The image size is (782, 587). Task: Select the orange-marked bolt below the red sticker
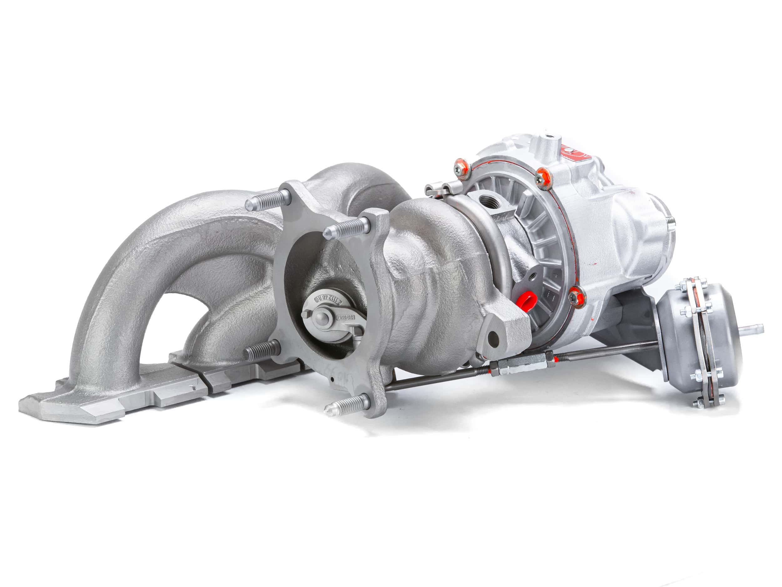542,175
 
